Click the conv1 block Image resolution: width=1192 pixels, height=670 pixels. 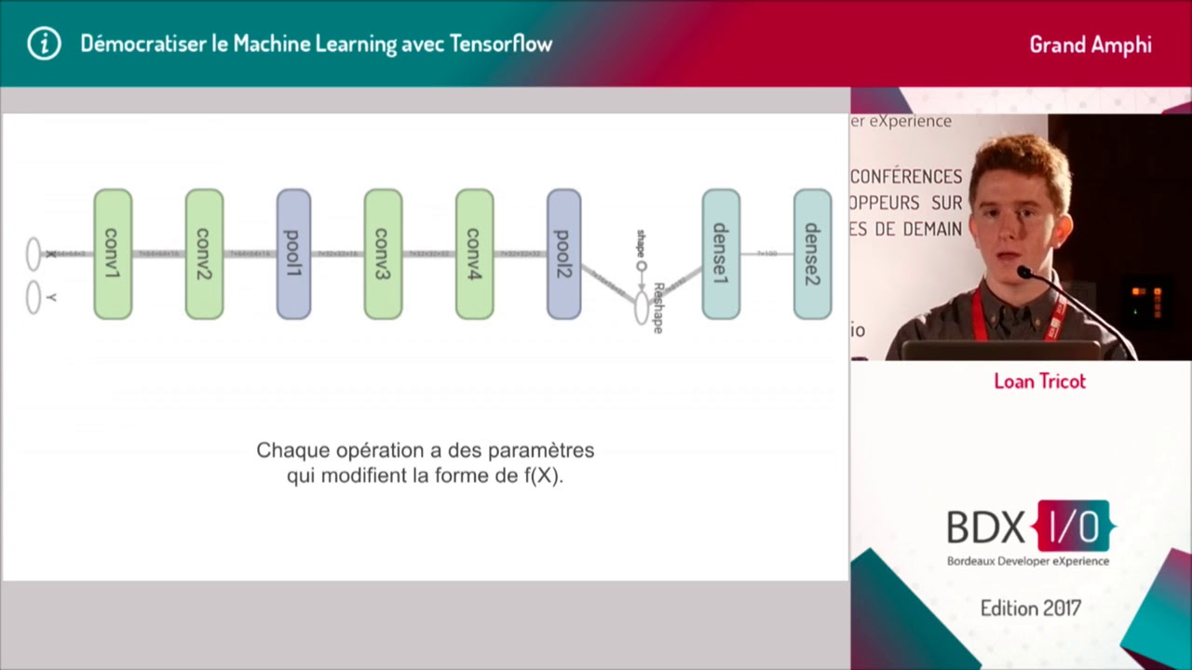113,254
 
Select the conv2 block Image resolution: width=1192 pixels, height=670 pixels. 204,254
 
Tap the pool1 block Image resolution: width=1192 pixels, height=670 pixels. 293,254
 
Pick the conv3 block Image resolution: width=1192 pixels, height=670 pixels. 383,254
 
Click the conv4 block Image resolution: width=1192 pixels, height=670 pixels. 474,254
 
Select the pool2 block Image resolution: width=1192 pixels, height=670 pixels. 563,254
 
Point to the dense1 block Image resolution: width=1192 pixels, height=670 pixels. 721,254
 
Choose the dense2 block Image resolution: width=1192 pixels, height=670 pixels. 812,254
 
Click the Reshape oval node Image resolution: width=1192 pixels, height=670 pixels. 642,308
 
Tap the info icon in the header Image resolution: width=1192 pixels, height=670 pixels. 44,44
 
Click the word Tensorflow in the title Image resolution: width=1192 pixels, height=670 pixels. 501,44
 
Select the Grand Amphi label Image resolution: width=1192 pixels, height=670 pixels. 1090,45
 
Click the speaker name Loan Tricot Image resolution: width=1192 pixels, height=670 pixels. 1039,381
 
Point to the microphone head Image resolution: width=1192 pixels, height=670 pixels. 1025,273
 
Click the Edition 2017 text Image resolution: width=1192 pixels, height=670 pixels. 1030,609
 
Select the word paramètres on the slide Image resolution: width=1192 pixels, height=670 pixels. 544,450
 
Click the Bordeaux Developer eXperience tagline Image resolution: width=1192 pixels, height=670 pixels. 1028,561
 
